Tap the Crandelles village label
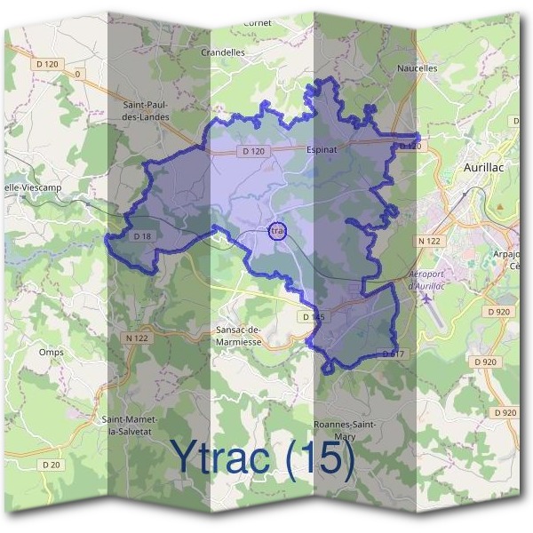tap(223, 52)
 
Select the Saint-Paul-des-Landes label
tap(145, 110)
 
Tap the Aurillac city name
tap(482, 166)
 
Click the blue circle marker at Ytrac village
tap(277, 231)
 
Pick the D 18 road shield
tap(142, 236)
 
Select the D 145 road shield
tap(313, 317)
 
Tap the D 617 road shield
tap(393, 354)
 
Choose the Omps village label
tap(51, 352)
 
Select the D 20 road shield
tap(52, 464)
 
